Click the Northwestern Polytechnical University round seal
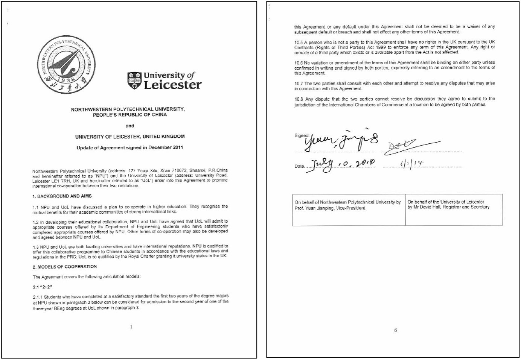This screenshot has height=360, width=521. [x=66, y=64]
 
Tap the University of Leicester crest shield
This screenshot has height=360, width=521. [x=134, y=81]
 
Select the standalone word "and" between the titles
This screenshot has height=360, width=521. [x=129, y=126]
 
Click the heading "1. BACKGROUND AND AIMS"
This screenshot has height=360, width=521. [x=62, y=196]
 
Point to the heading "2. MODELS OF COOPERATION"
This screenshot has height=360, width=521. [x=65, y=267]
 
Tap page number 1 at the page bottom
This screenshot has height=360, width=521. [x=131, y=327]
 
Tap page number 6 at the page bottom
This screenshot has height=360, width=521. [x=395, y=330]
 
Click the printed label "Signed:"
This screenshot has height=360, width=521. [x=302, y=135]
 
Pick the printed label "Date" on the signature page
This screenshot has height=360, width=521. [x=300, y=166]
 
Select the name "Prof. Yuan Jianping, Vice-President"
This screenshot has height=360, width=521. [x=330, y=208]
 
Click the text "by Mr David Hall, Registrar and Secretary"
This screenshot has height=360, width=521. [x=448, y=207]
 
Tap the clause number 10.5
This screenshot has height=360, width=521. [x=299, y=42]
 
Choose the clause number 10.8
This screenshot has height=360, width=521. [x=299, y=99]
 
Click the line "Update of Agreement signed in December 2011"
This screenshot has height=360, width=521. [x=129, y=147]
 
